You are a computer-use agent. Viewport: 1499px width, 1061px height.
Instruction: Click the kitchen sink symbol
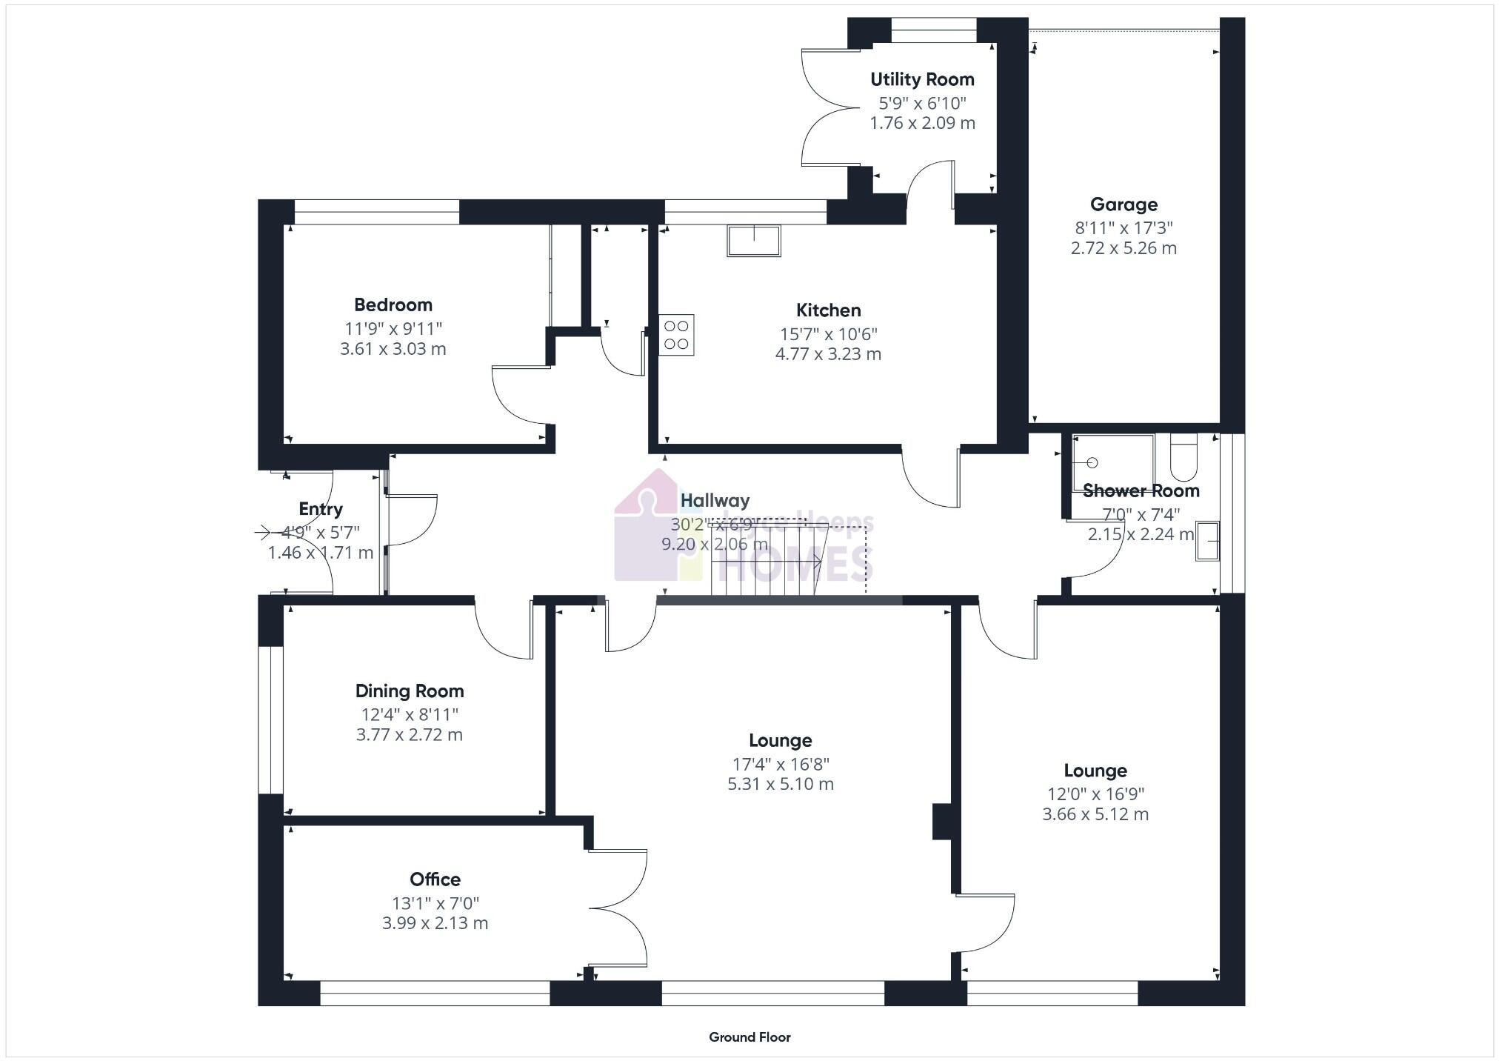[754, 241]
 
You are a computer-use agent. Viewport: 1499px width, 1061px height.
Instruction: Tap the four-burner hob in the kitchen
[676, 335]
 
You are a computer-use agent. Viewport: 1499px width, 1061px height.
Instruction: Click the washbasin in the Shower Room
[1207, 541]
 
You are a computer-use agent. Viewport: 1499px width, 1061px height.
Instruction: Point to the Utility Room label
[922, 79]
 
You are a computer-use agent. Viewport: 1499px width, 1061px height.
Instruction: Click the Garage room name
[1124, 204]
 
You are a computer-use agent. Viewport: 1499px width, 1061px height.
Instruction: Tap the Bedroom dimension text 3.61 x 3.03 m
[393, 349]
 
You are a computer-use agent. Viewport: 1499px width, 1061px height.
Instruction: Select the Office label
[435, 879]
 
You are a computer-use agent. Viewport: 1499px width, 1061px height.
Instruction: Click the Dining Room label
[410, 691]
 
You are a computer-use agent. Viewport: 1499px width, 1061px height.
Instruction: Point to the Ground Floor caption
[749, 1037]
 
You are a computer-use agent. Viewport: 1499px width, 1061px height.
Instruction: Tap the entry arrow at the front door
[264, 532]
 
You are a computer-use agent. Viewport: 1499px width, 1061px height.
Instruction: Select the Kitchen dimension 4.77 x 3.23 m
[828, 354]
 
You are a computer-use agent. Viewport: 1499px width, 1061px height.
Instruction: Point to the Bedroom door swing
[518, 396]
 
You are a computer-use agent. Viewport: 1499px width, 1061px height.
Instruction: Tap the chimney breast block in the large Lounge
[941, 822]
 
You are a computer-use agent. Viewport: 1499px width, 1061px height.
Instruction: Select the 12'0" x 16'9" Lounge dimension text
[1095, 794]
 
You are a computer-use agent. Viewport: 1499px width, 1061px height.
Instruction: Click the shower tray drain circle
[1092, 463]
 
